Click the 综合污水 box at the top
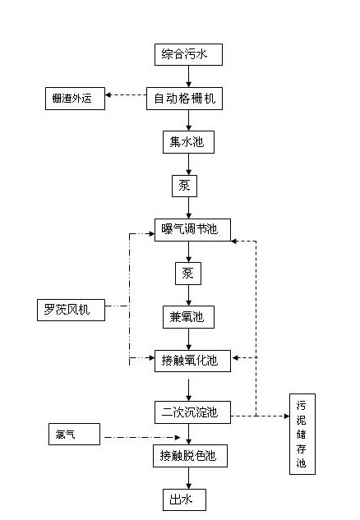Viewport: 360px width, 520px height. (188, 55)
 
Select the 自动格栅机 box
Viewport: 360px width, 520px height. (188, 99)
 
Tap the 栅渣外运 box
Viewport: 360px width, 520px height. (74, 99)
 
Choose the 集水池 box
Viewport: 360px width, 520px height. (188, 142)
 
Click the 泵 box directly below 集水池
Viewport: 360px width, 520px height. (184, 186)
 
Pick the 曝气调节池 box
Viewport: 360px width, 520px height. (192, 229)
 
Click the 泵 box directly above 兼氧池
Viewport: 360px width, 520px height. (188, 273)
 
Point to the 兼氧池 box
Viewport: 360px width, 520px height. (188, 316)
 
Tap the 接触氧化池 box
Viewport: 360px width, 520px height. (192, 360)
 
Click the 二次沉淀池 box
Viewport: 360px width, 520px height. (192, 410)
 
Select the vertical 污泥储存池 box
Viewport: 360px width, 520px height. (302, 435)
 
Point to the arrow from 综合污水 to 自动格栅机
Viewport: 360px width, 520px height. (188, 76)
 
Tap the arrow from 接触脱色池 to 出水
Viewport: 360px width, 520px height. (188, 476)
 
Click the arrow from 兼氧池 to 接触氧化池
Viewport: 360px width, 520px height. (188, 338)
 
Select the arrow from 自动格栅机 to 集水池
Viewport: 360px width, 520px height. (188, 120)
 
